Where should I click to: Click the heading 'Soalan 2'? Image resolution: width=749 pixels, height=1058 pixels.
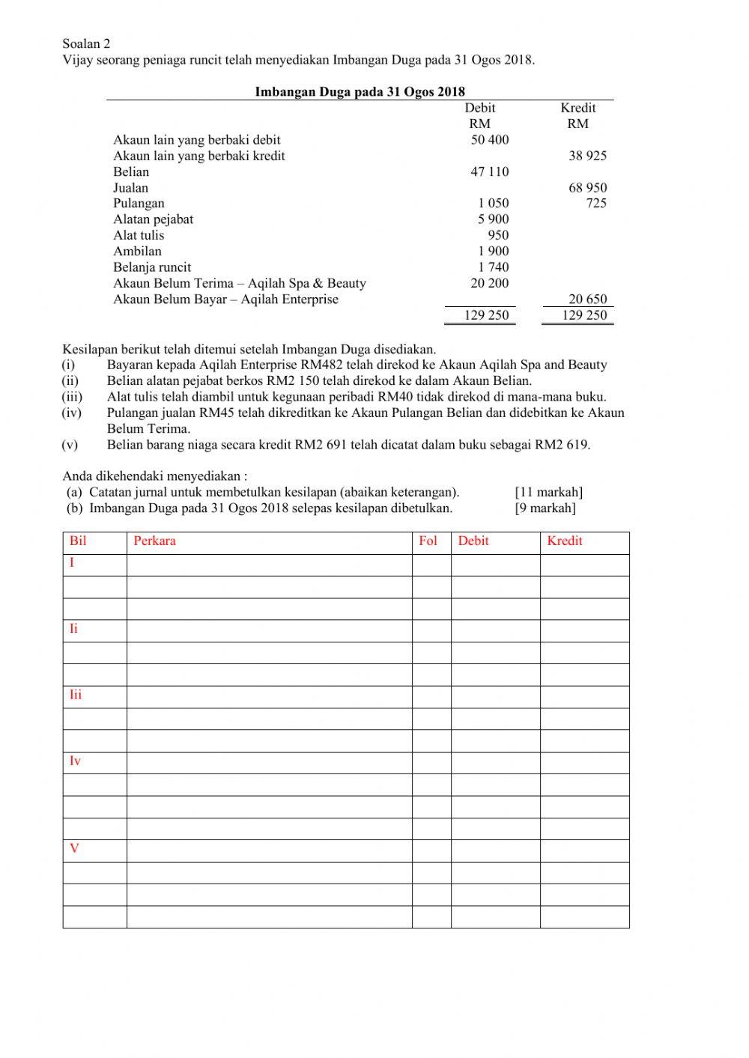point(86,44)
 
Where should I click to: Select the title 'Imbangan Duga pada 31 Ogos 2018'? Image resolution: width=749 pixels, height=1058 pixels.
point(360,92)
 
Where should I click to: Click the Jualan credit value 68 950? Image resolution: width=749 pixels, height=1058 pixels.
point(587,188)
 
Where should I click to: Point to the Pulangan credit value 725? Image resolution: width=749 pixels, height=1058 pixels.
point(596,203)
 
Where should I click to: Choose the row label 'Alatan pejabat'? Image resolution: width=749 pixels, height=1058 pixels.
point(153,219)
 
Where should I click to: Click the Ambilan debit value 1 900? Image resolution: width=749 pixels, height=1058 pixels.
point(493,251)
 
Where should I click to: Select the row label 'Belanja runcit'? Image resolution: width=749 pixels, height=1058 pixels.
point(152,267)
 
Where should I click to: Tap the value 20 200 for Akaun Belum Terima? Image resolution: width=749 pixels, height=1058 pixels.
point(489,283)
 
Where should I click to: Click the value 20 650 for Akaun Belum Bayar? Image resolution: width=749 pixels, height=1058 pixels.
point(587,299)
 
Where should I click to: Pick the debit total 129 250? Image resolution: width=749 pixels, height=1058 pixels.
point(486,315)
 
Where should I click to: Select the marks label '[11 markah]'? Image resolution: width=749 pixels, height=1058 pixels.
point(548,492)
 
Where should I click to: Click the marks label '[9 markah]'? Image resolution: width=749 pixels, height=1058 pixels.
point(545,508)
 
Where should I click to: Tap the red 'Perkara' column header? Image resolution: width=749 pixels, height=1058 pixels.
point(154,541)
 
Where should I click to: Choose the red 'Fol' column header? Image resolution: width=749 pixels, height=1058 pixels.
point(428,541)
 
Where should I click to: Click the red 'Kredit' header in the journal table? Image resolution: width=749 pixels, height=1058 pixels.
point(564,541)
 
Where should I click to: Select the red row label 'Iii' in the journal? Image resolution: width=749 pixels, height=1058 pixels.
point(76,695)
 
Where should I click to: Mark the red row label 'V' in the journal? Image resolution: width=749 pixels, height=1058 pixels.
point(74,848)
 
